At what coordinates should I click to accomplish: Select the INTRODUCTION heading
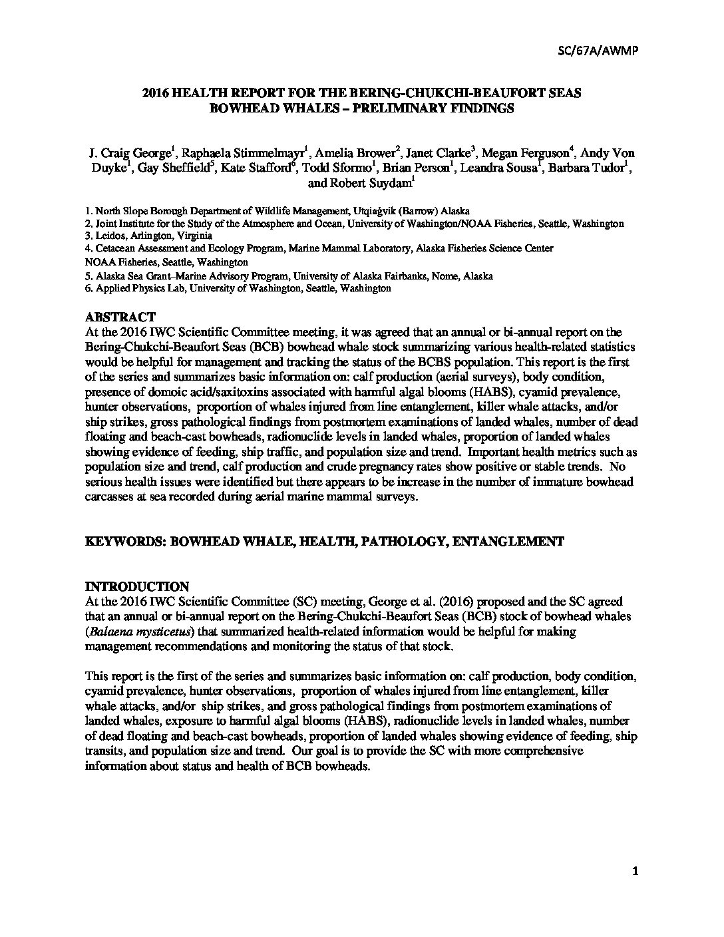click(x=137, y=586)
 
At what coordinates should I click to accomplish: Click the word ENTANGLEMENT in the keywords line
click(x=508, y=541)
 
